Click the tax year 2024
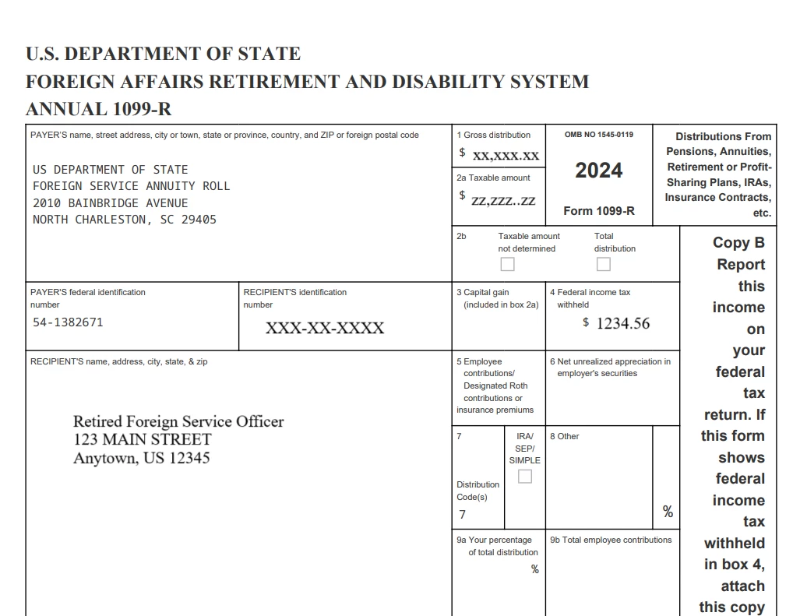[x=598, y=171]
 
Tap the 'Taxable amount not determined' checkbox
[x=507, y=265]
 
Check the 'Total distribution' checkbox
[x=603, y=265]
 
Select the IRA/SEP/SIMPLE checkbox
[x=525, y=476]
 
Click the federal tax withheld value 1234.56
[x=622, y=323]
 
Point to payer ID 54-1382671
[x=68, y=322]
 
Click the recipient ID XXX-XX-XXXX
[x=325, y=328]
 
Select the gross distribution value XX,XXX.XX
[x=506, y=155]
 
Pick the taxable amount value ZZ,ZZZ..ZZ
[x=503, y=201]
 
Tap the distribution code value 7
[x=463, y=514]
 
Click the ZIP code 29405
[x=199, y=220]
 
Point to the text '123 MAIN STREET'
[x=143, y=439]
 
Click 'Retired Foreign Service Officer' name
[x=178, y=421]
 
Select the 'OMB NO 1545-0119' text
[x=598, y=135]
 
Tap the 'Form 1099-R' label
[x=598, y=211]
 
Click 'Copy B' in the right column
[x=738, y=242]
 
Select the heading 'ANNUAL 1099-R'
[x=99, y=109]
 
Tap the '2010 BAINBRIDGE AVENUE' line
[x=111, y=203]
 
